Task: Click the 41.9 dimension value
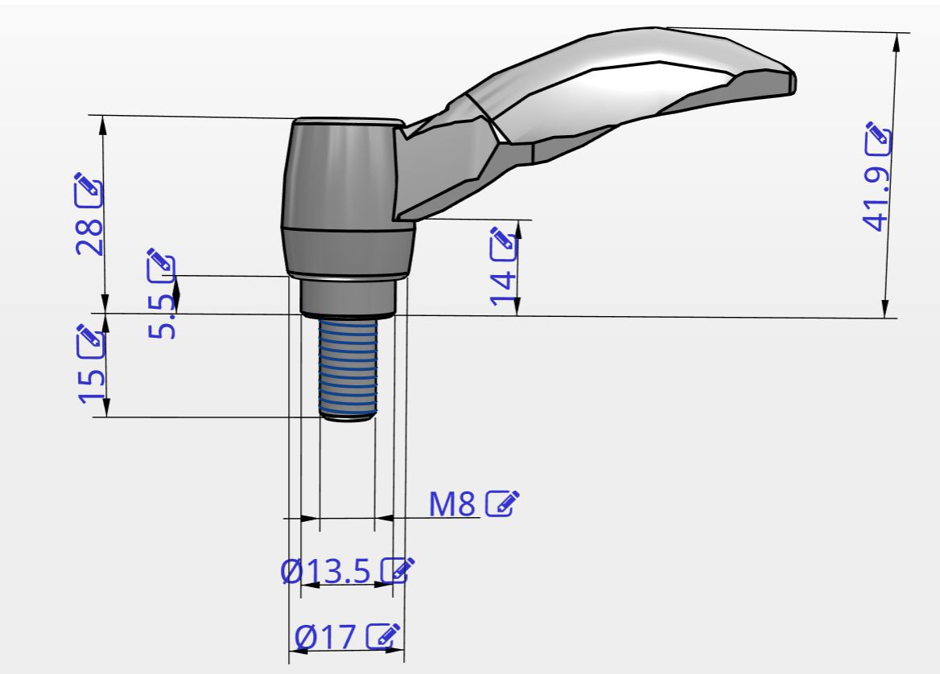coord(876,199)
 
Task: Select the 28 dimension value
coord(90,236)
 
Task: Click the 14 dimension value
coord(504,289)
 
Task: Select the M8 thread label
coord(452,503)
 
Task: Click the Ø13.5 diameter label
coord(326,571)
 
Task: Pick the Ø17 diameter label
coord(325,636)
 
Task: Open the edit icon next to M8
coord(501,503)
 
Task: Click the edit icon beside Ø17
coord(383,635)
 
